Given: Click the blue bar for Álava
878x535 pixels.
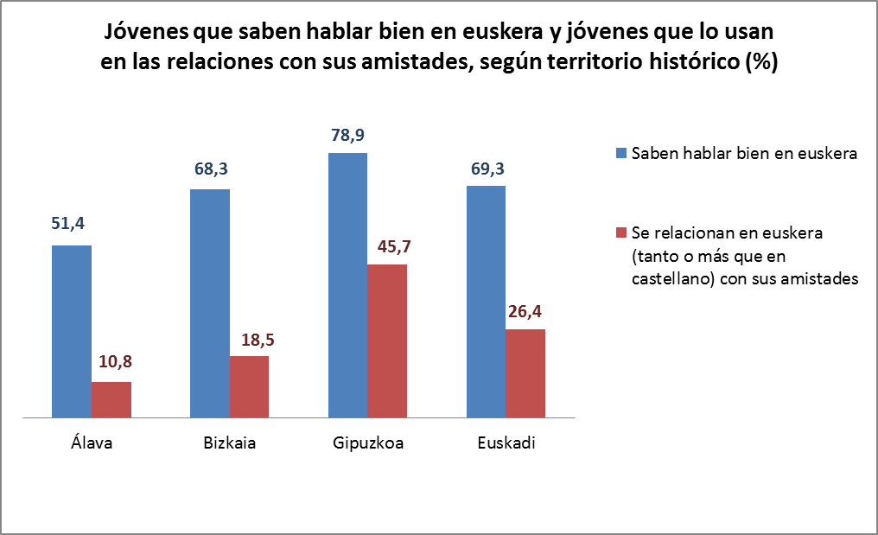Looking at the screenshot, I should pyautogui.click(x=72, y=332).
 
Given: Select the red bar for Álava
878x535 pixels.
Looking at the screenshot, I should pyautogui.click(x=111, y=400).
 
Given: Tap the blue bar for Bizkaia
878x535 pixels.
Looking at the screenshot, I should pyautogui.click(x=210, y=303).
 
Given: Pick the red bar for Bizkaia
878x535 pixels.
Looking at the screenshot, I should pyautogui.click(x=249, y=387).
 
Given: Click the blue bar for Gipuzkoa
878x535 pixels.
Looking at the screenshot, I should pyautogui.click(x=347, y=285).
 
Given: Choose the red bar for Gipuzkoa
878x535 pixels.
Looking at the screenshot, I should pyautogui.click(x=387, y=341).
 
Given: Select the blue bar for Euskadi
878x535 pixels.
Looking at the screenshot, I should pyautogui.click(x=486, y=302).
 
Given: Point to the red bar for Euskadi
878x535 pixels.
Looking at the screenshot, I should pyautogui.click(x=525, y=373).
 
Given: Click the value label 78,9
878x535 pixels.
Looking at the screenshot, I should pyautogui.click(x=347, y=136).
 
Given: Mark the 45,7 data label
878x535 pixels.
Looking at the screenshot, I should pyautogui.click(x=387, y=246).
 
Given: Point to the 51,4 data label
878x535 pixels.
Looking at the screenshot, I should pyautogui.click(x=72, y=225).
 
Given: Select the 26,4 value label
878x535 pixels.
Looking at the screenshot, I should pyautogui.click(x=525, y=311).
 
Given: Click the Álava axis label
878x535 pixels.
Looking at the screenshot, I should pyautogui.click(x=92, y=444).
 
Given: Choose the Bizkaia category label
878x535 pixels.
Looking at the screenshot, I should pyautogui.click(x=229, y=444).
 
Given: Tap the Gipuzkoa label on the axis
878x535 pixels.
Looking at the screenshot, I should pyautogui.click(x=368, y=444).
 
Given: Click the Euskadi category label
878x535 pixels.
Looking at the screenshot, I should pyautogui.click(x=506, y=444).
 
